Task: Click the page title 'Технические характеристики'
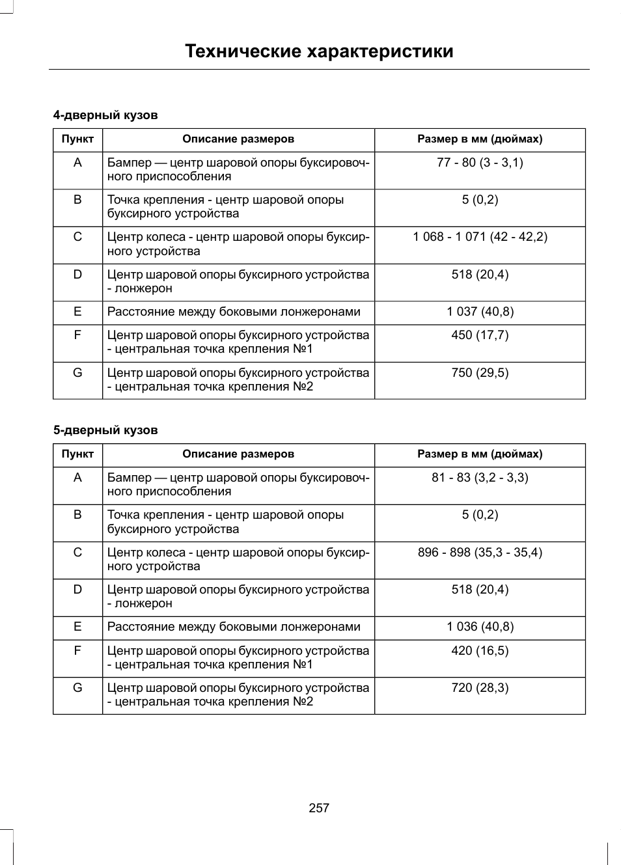(x=319, y=51)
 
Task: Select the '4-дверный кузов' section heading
(x=105, y=115)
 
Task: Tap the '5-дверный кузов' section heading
(x=105, y=430)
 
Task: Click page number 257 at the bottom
(x=319, y=808)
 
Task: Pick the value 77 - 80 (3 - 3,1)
(x=480, y=163)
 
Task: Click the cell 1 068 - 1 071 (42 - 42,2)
(x=480, y=237)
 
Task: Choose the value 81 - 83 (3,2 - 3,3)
(x=480, y=478)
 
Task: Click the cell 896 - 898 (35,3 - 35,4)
(x=480, y=553)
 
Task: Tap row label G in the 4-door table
(x=77, y=373)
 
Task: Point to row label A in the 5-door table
(x=77, y=478)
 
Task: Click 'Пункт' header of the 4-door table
(x=77, y=139)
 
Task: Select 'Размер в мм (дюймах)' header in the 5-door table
(x=480, y=454)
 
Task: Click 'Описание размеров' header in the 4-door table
(x=238, y=139)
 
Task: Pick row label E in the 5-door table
(x=77, y=627)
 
